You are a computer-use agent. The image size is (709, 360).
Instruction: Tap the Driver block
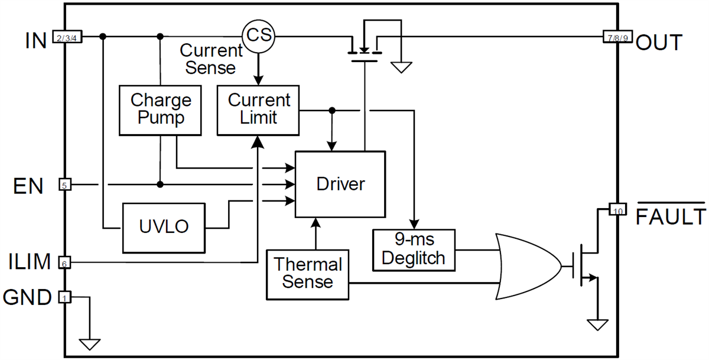pos(340,184)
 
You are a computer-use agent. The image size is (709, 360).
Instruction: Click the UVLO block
pos(164,227)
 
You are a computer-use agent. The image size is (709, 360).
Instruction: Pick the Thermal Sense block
pos(307,273)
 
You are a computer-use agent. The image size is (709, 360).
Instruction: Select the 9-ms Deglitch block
pos(414,249)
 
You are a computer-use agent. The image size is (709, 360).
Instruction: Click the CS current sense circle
pos(259,36)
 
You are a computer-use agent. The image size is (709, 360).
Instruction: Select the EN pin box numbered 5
pos(65,184)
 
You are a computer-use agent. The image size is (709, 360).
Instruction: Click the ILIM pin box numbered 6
pos(65,262)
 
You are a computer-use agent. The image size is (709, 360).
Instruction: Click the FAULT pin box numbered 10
pos(617,210)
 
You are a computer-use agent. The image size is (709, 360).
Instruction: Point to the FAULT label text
pos(671,218)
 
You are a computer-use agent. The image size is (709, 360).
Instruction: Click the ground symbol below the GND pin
pos(90,343)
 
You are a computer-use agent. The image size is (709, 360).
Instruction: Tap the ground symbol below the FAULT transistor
pos(597,325)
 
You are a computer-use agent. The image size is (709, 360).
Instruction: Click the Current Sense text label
pos(211,59)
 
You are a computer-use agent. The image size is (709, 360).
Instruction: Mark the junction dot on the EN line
pos(160,184)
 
